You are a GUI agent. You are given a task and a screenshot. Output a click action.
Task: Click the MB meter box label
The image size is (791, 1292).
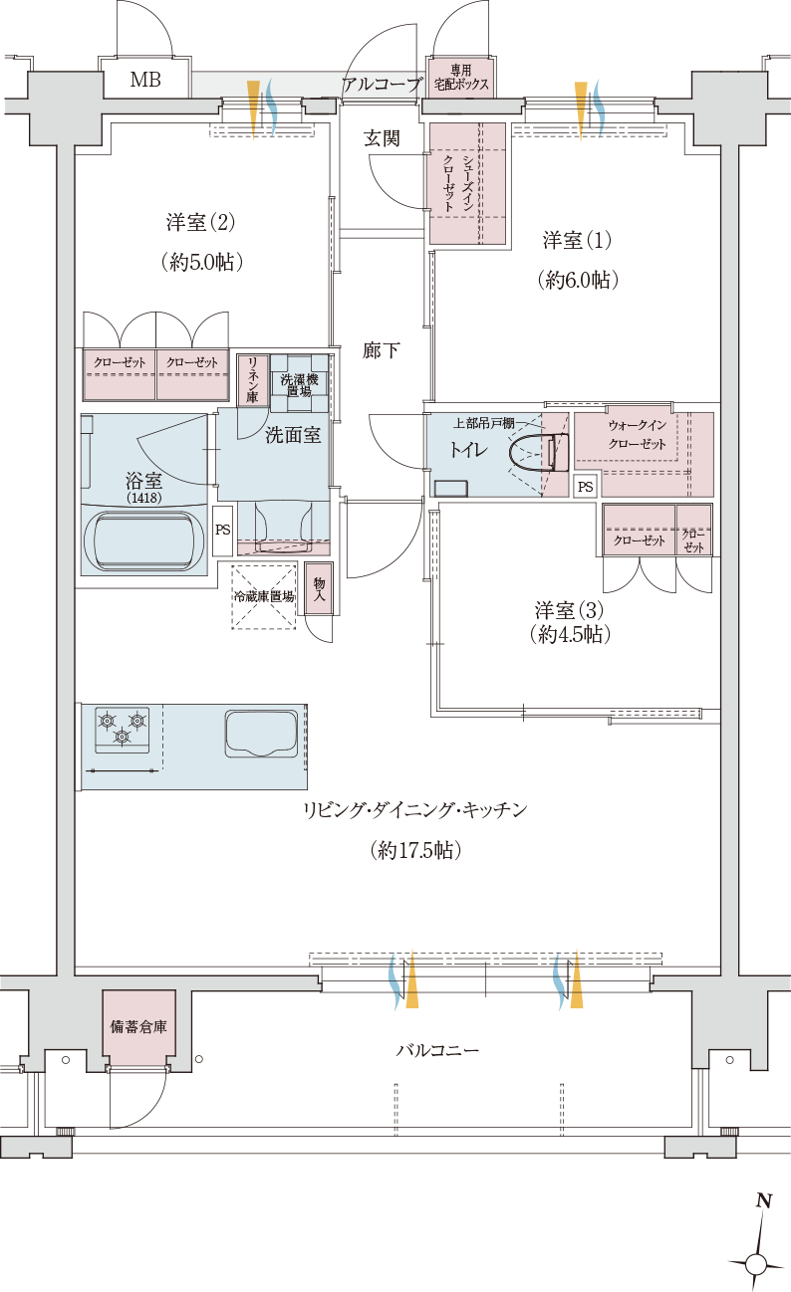pos(145,79)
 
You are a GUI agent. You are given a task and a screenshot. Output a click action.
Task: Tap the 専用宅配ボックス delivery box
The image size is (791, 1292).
pos(460,78)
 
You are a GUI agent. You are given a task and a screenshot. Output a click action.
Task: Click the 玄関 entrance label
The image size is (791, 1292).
pos(382,138)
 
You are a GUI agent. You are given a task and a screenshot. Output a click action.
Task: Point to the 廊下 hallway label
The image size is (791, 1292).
pos(382,350)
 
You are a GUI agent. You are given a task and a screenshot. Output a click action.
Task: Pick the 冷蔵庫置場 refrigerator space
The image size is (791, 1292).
pos(263,597)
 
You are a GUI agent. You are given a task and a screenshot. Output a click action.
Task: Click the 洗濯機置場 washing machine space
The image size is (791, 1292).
pos(299,383)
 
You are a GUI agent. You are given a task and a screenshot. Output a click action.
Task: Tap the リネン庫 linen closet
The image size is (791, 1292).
pos(252,379)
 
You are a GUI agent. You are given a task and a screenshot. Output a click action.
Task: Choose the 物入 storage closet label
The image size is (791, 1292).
pos(319,590)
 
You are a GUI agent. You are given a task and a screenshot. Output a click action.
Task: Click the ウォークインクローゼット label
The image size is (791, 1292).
pos(638,435)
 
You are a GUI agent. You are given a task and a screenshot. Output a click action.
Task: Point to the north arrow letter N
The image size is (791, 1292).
pos(764,1201)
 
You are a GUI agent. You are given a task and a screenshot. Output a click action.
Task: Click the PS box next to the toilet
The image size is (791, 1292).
pos(586,487)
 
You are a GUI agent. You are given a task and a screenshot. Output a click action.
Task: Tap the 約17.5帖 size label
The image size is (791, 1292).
pos(415,851)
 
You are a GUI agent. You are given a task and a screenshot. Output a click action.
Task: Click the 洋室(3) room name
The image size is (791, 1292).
pos(569,609)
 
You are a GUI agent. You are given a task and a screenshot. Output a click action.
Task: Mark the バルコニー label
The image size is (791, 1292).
pos(437,1050)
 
